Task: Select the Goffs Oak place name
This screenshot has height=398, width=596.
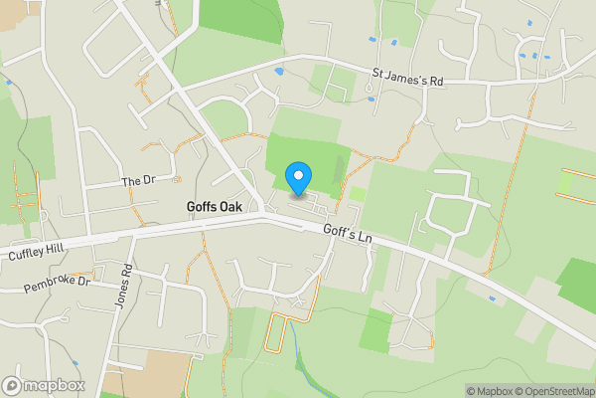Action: (215, 207)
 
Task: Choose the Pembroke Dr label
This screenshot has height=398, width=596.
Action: (57, 286)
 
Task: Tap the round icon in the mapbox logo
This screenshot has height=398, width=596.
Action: (12, 385)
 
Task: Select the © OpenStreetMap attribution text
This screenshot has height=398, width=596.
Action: (552, 391)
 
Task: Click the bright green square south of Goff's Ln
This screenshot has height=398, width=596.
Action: (374, 329)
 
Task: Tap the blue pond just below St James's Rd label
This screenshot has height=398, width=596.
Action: (371, 98)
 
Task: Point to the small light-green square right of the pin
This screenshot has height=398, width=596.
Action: (357, 194)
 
